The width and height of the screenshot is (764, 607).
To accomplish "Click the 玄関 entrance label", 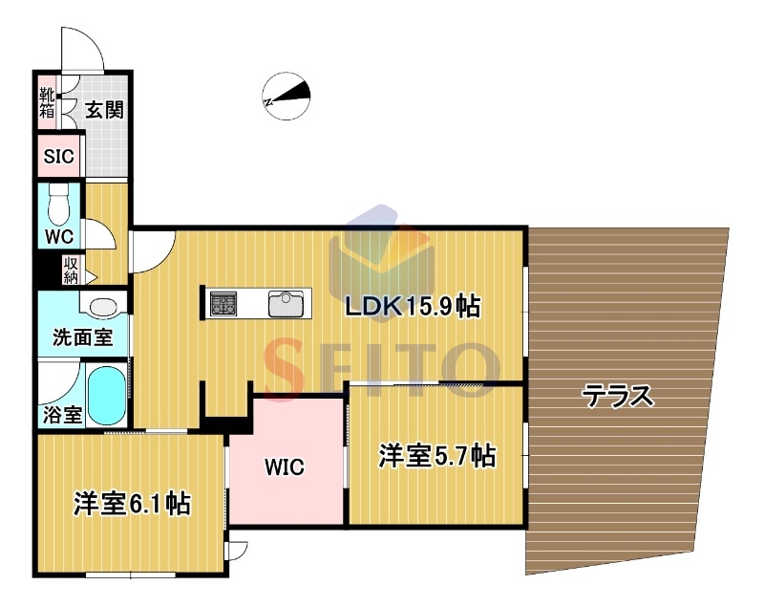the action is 104,110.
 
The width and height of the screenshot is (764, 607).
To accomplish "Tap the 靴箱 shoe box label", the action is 47,102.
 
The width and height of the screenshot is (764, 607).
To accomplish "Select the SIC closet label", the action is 58,157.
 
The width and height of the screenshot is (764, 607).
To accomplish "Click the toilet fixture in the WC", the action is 59,205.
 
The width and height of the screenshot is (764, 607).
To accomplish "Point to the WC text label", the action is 59,236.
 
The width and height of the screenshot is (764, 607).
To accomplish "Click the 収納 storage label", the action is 71,271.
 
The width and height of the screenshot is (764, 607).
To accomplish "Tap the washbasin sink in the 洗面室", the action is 104,307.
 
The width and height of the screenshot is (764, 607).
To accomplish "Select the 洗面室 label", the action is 83,336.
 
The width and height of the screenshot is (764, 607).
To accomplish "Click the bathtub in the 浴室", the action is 106,395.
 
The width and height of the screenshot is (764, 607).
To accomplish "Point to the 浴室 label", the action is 62,415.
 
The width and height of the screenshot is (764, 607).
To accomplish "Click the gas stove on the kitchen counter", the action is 223,303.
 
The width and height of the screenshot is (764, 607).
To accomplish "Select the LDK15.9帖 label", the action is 413,307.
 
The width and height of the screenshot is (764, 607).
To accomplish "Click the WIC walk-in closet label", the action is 285,467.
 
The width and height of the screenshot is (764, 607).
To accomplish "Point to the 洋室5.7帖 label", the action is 437,456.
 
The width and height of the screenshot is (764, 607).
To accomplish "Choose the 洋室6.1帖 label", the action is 132,504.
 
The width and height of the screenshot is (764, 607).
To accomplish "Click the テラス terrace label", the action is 617,396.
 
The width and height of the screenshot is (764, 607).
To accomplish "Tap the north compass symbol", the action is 286,96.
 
